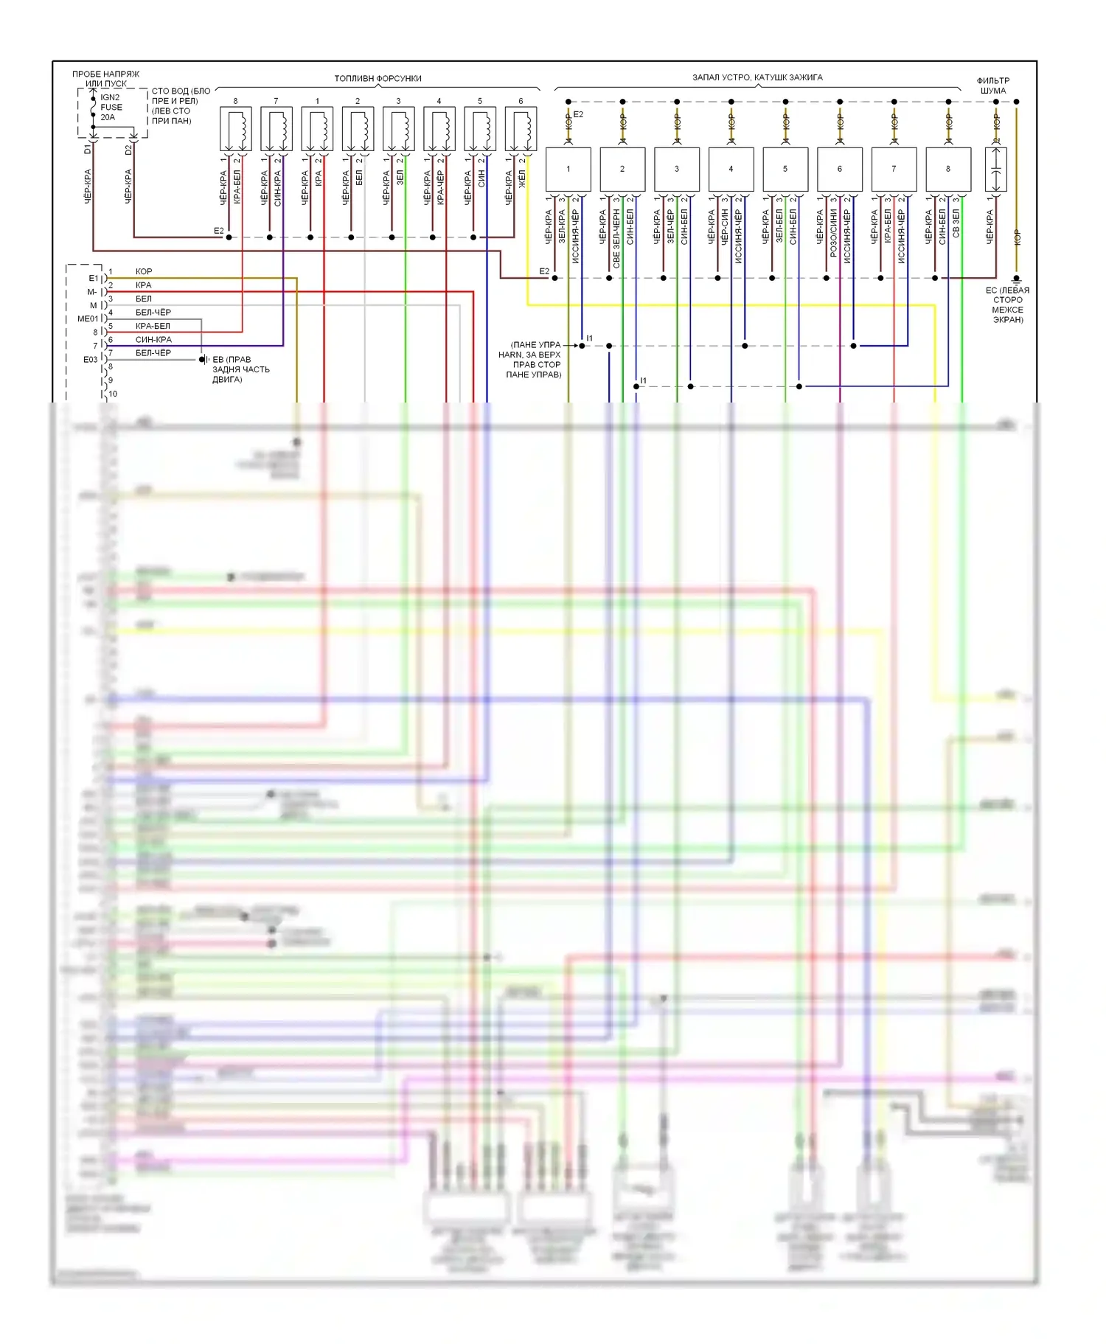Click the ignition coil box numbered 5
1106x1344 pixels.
pos(785,170)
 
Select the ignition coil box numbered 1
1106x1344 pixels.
pos(568,170)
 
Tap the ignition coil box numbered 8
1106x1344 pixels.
pos(948,170)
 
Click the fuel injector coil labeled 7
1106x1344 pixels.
pos(276,130)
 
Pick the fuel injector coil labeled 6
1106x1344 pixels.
pos(521,130)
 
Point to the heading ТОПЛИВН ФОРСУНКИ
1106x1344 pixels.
pos(378,78)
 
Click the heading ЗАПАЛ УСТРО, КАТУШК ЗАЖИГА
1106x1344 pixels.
pos(757,77)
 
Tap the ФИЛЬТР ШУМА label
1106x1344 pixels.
pos(993,86)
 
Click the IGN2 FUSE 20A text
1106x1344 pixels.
pos(110,108)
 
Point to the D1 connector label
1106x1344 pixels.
pos(88,150)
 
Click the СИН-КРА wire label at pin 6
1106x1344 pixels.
pos(153,340)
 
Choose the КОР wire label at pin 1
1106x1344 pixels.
pos(144,272)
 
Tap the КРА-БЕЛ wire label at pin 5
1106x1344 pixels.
pos(153,326)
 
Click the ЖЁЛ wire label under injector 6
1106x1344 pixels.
pos(522,179)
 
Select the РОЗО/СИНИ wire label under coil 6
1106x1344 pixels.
pos(833,232)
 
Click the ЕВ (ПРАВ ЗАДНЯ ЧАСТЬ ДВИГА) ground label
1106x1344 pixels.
pos(240,369)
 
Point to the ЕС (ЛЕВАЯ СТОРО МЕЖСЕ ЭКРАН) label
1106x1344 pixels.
pos(1007,305)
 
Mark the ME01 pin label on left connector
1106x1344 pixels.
pos(87,319)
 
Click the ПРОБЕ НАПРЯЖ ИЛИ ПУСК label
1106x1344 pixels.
pos(105,79)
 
